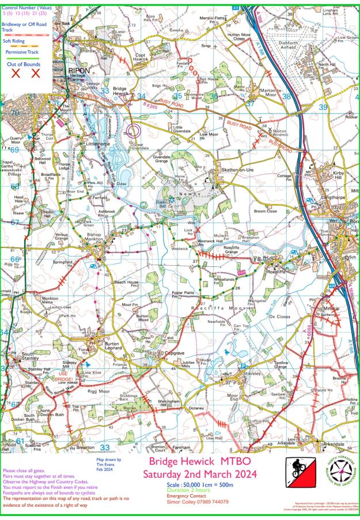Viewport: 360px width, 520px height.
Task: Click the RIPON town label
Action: tap(79, 70)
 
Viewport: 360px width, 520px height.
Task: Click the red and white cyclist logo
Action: tap(298, 468)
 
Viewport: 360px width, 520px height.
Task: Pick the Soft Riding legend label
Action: tap(13, 41)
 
